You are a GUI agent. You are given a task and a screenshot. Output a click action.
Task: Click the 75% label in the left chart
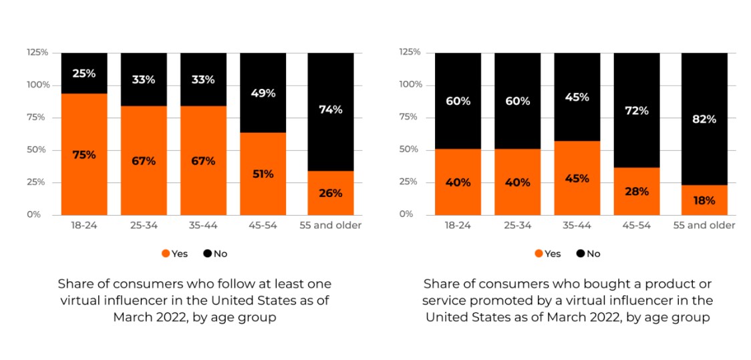(x=84, y=155)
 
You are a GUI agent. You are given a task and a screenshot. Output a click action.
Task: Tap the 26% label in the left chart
(x=330, y=193)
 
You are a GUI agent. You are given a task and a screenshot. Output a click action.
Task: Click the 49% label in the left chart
(x=263, y=93)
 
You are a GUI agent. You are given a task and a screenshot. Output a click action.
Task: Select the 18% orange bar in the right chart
(x=704, y=200)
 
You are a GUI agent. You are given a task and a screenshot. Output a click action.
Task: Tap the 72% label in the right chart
(x=637, y=110)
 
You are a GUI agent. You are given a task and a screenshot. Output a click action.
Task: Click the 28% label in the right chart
(x=637, y=192)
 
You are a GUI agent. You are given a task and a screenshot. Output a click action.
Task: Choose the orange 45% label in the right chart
(x=577, y=178)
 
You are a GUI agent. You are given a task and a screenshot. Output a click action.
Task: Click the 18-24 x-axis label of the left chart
(x=84, y=226)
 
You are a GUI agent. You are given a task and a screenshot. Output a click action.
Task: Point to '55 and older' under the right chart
(x=704, y=226)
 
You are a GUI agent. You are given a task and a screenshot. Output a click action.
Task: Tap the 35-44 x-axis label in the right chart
(x=577, y=226)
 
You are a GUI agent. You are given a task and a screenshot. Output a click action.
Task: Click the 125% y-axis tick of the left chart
(x=37, y=52)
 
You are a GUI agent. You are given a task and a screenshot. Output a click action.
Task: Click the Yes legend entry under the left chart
(x=175, y=254)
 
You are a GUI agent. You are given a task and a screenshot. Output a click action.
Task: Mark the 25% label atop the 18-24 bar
(x=84, y=73)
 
